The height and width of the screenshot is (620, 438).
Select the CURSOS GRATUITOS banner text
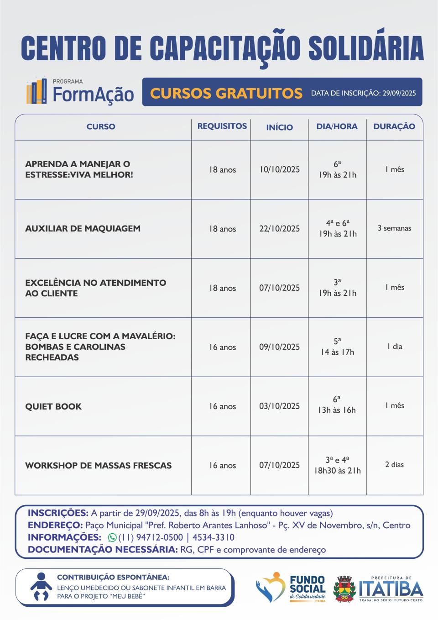click(x=226, y=93)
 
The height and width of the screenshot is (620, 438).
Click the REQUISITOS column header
click(x=222, y=126)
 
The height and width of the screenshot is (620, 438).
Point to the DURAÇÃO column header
click(x=394, y=126)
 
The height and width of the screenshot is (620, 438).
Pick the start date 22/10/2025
click(x=280, y=229)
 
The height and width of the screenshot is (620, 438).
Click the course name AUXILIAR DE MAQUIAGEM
click(x=83, y=229)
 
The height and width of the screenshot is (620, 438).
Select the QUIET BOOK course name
click(x=53, y=406)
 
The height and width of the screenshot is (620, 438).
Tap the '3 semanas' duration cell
click(x=394, y=228)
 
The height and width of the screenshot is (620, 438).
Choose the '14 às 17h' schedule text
click(x=337, y=352)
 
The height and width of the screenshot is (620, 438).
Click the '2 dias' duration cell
click(x=394, y=465)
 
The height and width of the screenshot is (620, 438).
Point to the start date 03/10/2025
click(x=280, y=406)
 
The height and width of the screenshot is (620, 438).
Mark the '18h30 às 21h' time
click(x=337, y=471)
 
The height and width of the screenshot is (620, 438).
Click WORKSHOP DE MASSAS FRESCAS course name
click(x=99, y=466)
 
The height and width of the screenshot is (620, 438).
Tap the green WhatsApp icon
click(x=112, y=538)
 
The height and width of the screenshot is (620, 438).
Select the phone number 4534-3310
click(x=214, y=537)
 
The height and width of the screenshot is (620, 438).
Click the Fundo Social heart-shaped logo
click(x=271, y=587)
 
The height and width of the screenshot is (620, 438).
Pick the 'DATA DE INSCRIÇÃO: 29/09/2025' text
click(x=363, y=93)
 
